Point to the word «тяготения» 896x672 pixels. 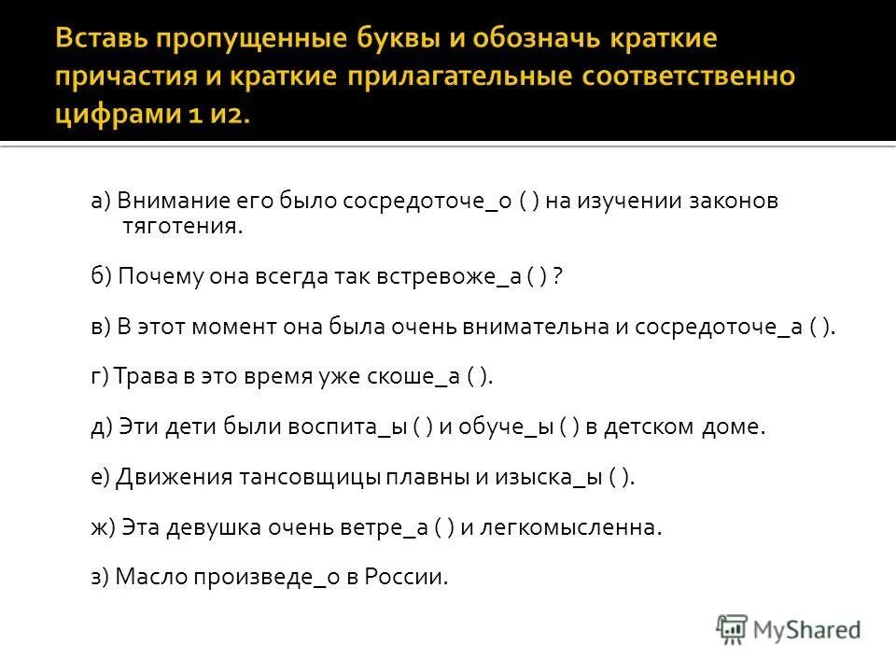click(182, 226)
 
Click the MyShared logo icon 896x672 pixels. click(733, 628)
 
